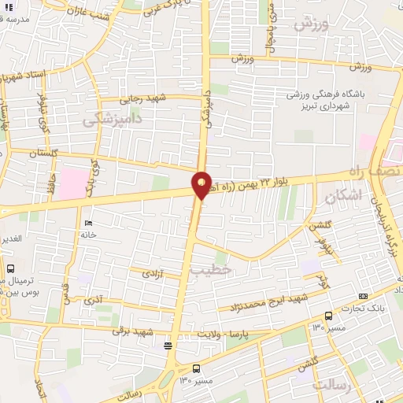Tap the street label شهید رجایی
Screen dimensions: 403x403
pos(143,99)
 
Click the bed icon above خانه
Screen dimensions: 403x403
pos(87,224)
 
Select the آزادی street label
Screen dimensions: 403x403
pos(150,275)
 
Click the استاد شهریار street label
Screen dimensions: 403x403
pos(25,77)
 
